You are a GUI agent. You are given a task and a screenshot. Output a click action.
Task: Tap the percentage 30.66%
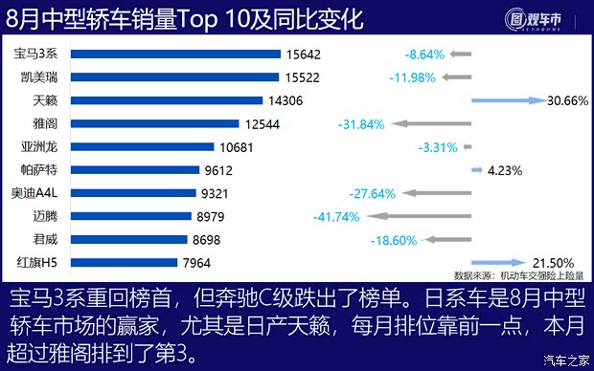pos(565,100)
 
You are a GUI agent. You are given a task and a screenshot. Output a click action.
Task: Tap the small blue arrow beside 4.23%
pos(476,170)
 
